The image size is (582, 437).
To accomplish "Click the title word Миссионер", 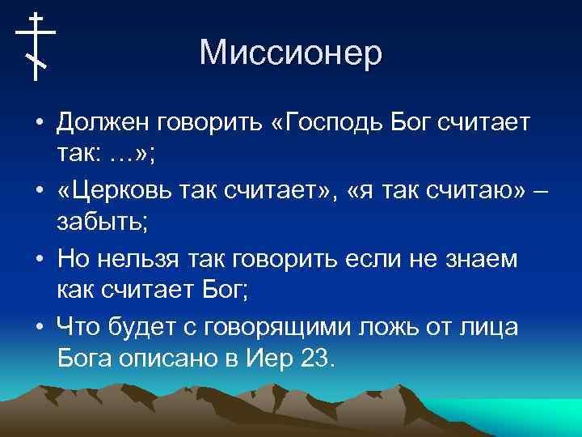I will [290, 53].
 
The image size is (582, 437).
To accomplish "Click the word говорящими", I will [254, 327].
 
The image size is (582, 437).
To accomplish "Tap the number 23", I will [316, 359].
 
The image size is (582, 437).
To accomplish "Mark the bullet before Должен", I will [39, 124].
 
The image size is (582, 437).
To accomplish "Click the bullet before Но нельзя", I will [39, 259].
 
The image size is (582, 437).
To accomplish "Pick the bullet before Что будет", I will [39, 326].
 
